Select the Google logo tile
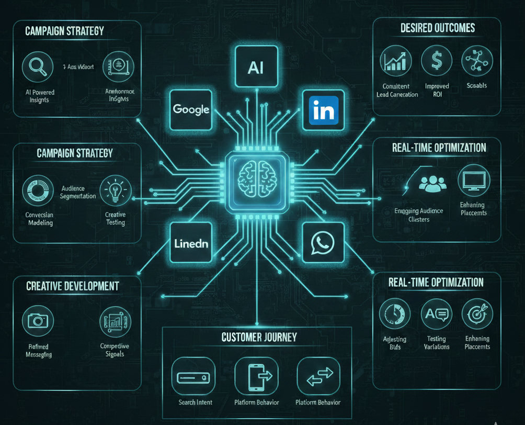coord(191,109)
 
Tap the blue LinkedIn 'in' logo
coord(324,110)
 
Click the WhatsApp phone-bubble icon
coord(323,242)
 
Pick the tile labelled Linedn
coord(191,243)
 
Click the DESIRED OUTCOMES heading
coord(438,28)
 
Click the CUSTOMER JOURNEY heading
coord(259,337)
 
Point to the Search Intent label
coord(196,402)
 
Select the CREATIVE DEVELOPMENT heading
coord(72,286)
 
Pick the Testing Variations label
coord(436,343)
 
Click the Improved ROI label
coord(436,91)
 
